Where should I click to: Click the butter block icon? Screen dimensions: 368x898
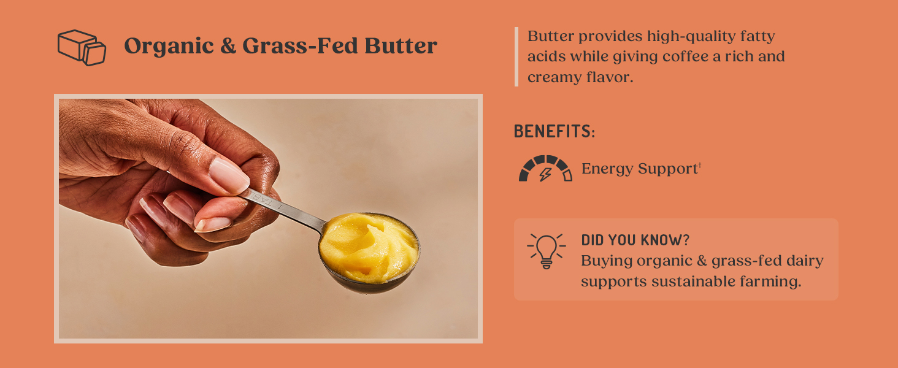pyautogui.click(x=82, y=47)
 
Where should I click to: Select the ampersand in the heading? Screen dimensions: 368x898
pyautogui.click(x=228, y=47)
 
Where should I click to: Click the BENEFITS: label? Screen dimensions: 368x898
pyautogui.click(x=554, y=131)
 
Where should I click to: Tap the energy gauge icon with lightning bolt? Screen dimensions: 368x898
pyautogui.click(x=545, y=169)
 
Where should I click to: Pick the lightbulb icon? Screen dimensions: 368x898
pyautogui.click(x=545, y=250)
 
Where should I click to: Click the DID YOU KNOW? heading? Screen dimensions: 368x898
pyautogui.click(x=635, y=240)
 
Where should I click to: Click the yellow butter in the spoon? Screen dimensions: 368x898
pyautogui.click(x=368, y=245)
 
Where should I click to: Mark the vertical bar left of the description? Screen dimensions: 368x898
pyautogui.click(x=516, y=56)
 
